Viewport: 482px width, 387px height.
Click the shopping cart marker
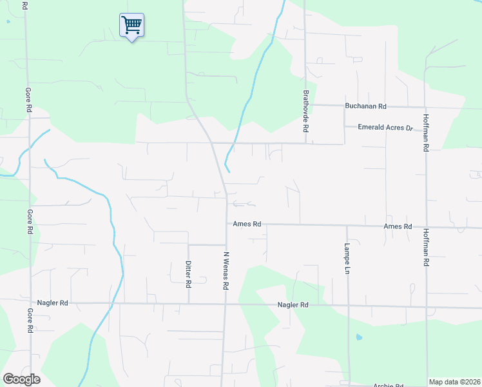131,25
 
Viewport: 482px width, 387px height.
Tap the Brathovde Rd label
306,111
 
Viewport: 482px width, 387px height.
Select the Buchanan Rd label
365,106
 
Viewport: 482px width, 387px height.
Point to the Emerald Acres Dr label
385,128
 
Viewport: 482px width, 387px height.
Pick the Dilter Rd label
188,274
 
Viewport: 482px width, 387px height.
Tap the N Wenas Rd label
226,270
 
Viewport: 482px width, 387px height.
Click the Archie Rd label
389,384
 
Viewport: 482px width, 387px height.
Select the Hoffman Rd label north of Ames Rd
426,132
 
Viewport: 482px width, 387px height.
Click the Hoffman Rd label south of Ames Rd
426,248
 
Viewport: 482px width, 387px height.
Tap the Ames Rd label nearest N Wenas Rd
247,224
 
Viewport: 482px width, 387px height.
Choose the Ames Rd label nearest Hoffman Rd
397,226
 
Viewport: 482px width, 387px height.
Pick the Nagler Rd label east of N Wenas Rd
293,304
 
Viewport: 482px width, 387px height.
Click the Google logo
21,379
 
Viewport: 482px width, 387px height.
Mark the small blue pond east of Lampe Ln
359,337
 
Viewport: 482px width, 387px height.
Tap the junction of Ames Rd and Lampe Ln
347,226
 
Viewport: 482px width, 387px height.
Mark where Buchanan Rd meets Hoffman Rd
426,107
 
